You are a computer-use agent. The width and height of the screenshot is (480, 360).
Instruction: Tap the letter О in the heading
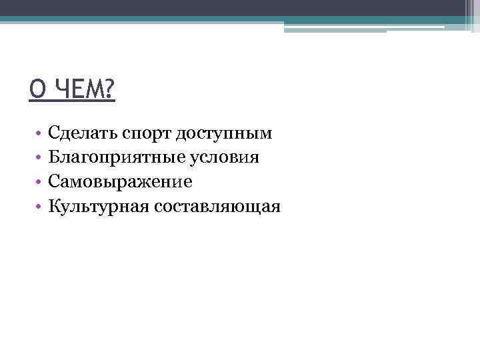(37, 89)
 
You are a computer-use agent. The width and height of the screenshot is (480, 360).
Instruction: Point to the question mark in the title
(109, 89)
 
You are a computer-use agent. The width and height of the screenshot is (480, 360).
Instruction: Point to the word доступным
(224, 135)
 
